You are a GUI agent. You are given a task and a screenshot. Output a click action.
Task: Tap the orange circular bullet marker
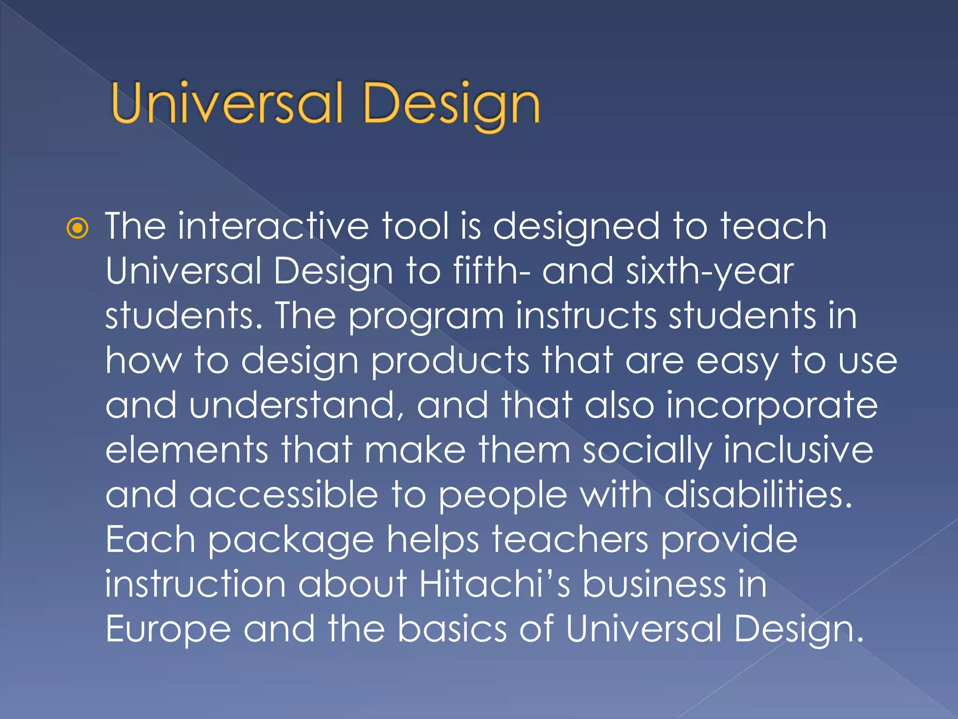(77, 228)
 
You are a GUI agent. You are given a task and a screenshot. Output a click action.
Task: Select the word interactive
(274, 226)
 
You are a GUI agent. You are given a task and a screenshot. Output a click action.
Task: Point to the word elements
(187, 450)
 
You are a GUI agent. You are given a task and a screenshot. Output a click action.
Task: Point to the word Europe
(168, 630)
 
